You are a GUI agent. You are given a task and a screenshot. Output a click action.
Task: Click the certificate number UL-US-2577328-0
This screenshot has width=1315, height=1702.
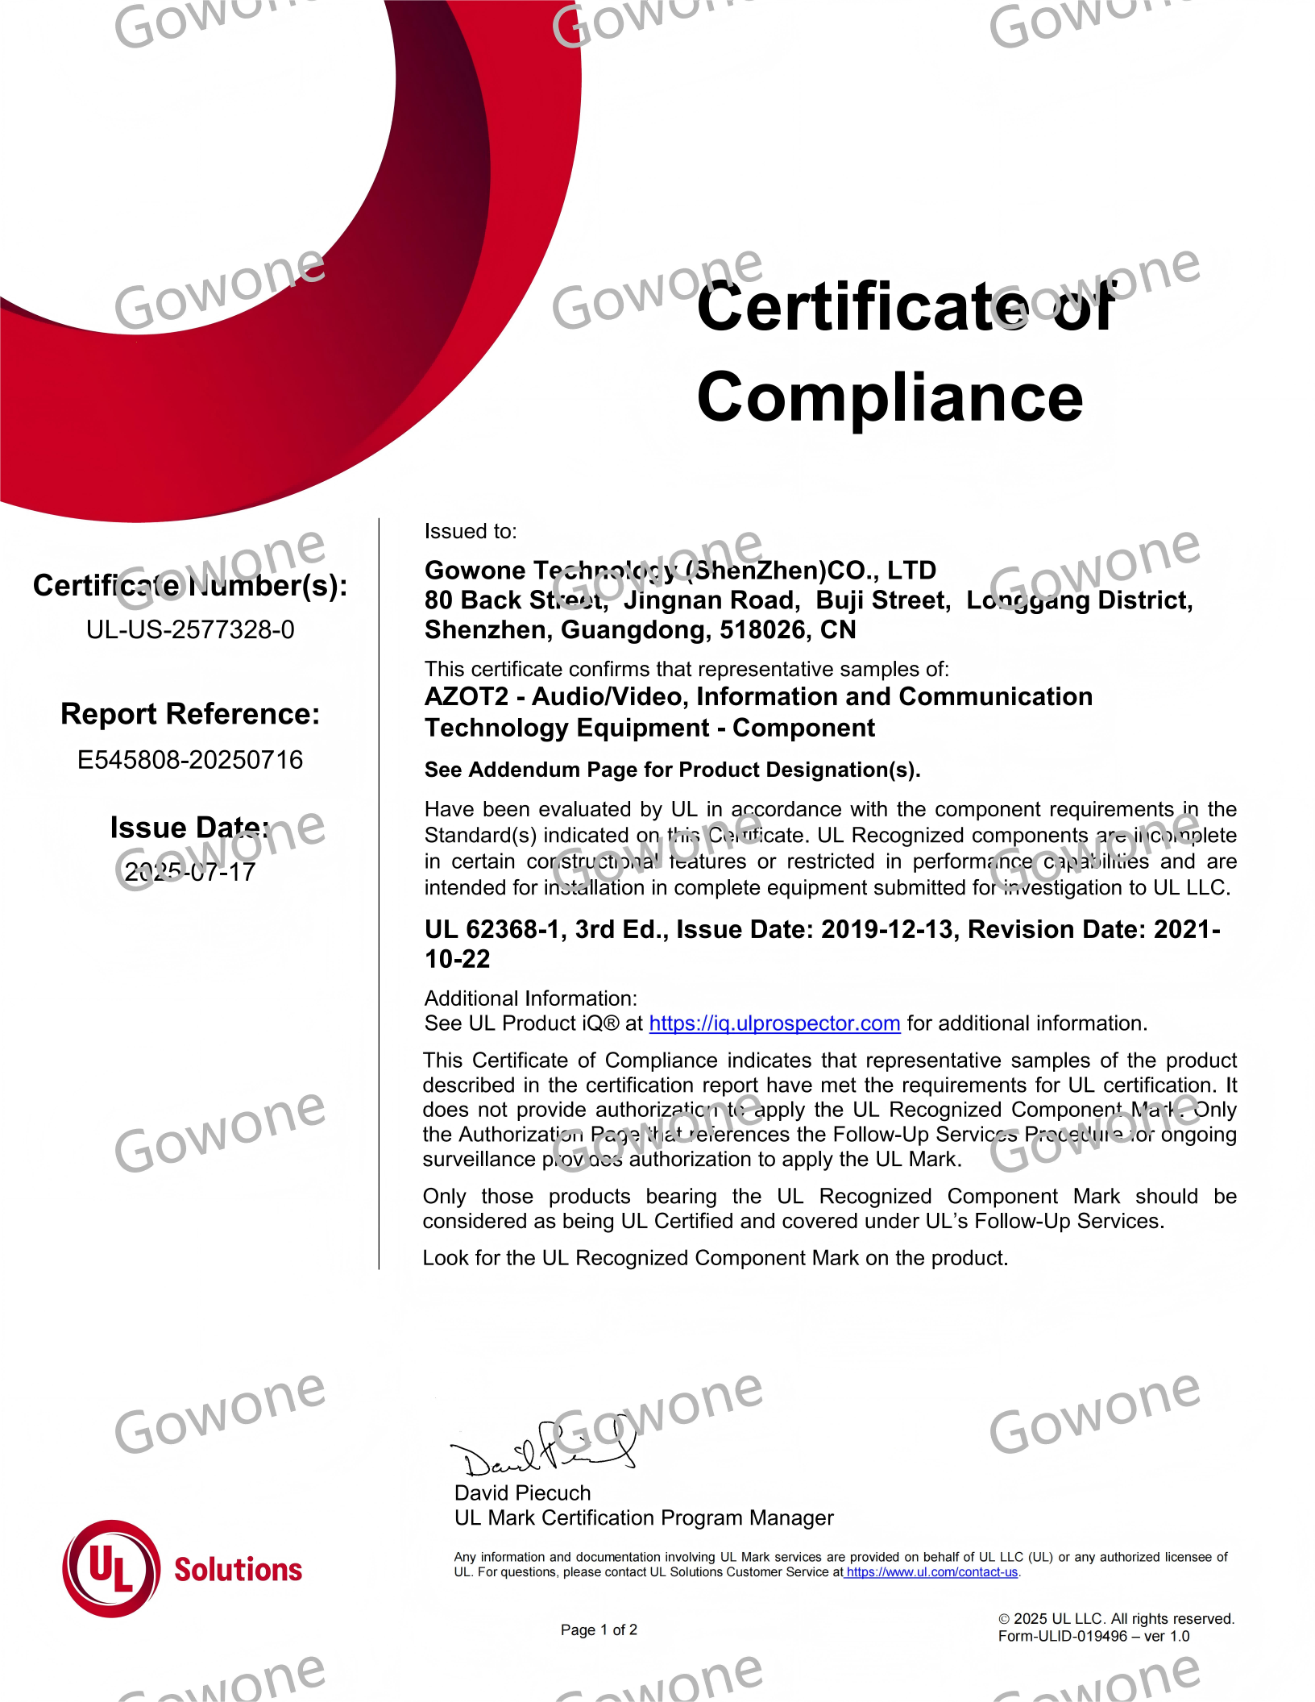coord(190,629)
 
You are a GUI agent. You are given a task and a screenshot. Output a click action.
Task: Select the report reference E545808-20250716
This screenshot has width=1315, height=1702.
coord(190,759)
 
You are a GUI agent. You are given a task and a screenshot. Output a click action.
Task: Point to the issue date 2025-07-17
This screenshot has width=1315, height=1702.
coord(190,872)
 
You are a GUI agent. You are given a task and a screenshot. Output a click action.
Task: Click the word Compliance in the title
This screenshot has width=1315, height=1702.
coord(890,397)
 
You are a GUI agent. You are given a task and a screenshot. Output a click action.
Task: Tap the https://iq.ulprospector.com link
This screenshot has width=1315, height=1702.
coord(774,1023)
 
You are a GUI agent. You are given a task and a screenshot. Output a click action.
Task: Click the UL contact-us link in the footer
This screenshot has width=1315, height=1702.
coord(931,1572)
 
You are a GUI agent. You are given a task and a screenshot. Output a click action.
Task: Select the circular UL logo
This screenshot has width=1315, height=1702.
coord(111,1568)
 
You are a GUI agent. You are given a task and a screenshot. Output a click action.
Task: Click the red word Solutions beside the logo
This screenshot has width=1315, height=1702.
coord(239,1570)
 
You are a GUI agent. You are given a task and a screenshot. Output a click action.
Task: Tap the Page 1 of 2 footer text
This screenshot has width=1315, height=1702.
coord(599,1629)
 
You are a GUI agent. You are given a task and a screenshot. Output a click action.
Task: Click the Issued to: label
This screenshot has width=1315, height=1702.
coord(471,531)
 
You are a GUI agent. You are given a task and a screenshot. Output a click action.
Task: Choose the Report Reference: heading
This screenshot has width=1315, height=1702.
coord(190,714)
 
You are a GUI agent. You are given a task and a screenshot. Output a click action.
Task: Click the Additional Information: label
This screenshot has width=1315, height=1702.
coord(530,998)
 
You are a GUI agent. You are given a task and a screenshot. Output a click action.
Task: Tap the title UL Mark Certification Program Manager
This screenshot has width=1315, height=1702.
coord(644,1517)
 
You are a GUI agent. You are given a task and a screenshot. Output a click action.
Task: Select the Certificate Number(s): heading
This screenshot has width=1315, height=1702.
coord(190,586)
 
